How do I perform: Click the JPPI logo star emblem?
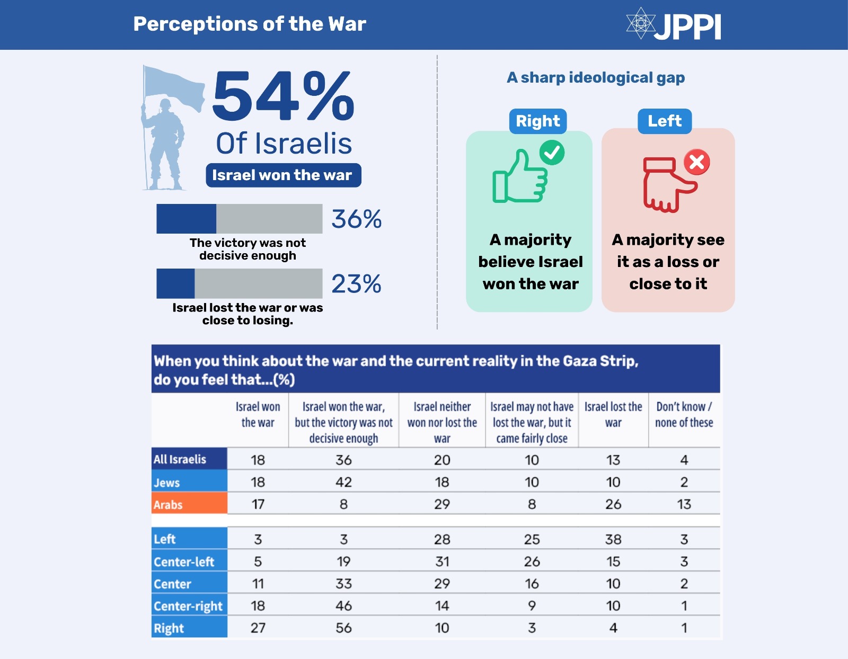tap(640, 23)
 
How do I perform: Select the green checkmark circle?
tap(552, 153)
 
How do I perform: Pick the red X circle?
tap(696, 162)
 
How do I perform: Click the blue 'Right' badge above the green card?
tap(538, 121)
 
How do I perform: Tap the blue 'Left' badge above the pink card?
tap(665, 121)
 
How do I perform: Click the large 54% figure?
tap(283, 96)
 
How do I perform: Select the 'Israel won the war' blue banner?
tap(283, 175)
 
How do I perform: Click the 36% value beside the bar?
tap(356, 219)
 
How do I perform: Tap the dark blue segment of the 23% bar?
tap(175, 283)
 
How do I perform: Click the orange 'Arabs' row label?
tap(189, 504)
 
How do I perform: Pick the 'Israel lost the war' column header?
tap(613, 415)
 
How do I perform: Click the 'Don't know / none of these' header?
tap(684, 415)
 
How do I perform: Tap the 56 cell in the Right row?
tap(343, 628)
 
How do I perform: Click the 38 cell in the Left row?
tap(613, 539)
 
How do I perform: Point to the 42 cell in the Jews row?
tap(343, 482)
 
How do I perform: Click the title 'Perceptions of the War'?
tap(250, 24)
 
